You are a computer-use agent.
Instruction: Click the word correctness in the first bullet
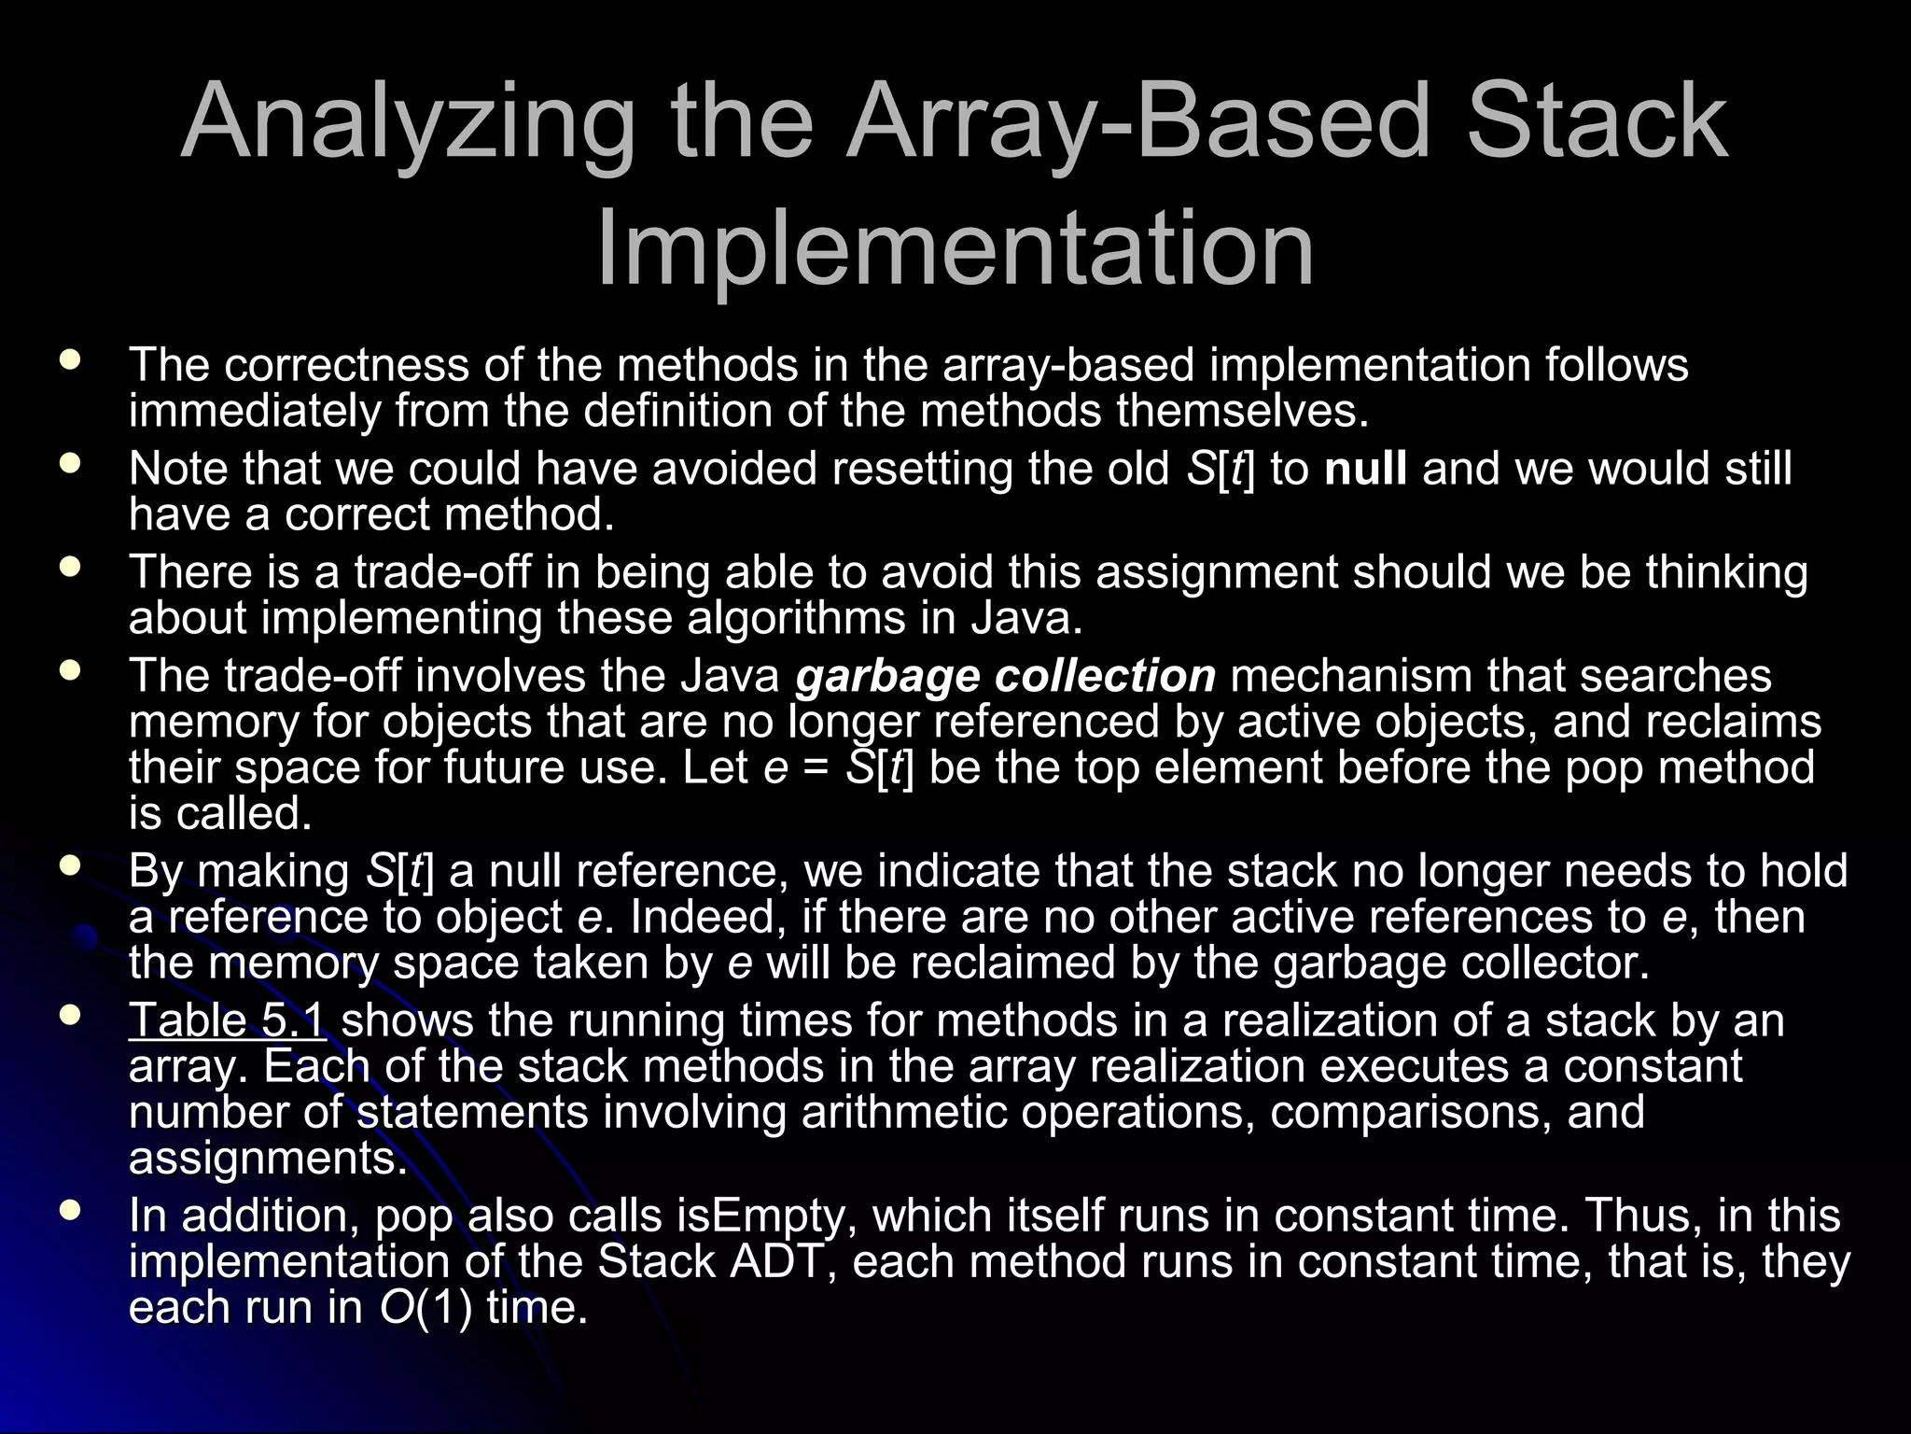pyautogui.click(x=346, y=365)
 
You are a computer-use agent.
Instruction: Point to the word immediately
pyautogui.click(x=254, y=412)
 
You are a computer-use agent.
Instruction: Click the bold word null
pyautogui.click(x=1365, y=469)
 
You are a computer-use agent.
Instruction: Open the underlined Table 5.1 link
pyautogui.click(x=228, y=1020)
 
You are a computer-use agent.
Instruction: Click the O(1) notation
pyautogui.click(x=425, y=1308)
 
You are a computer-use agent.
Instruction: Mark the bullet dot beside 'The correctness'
pyautogui.click(x=69, y=359)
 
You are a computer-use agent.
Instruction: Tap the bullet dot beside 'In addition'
pyautogui.click(x=69, y=1211)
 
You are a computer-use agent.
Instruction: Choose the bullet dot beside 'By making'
pyautogui.click(x=69, y=865)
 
